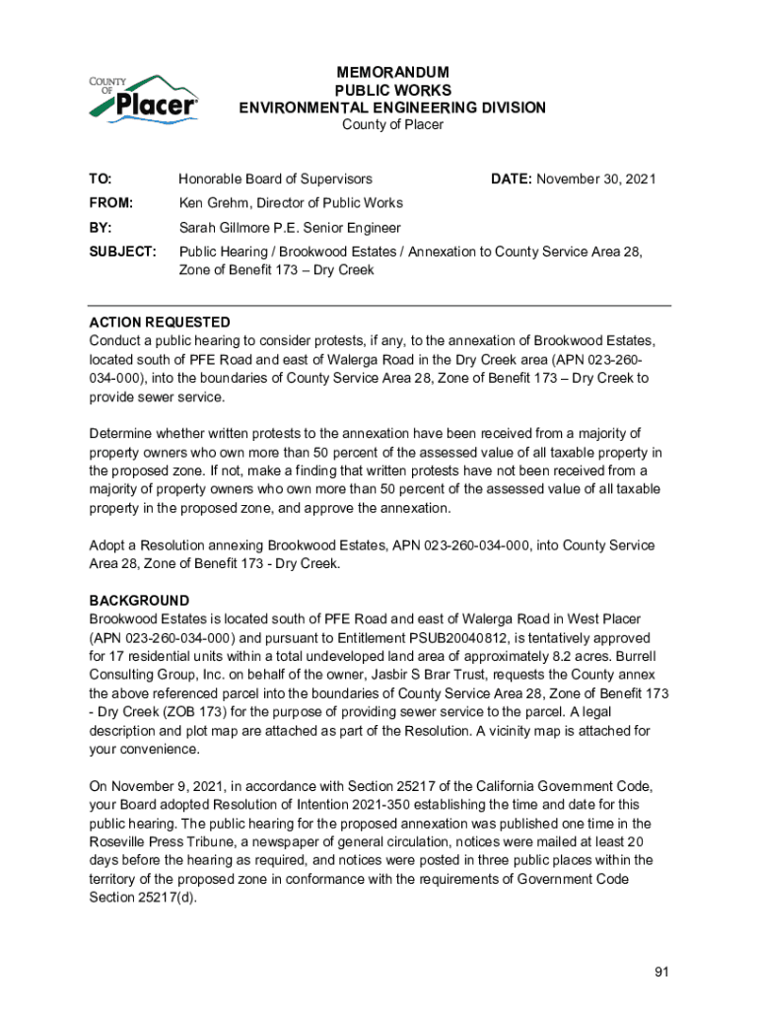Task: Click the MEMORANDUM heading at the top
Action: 392,73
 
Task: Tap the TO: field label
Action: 101,179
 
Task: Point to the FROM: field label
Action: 111,203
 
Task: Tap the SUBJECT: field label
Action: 123,252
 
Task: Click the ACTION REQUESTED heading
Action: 160,323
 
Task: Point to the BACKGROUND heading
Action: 139,601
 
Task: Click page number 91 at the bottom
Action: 661,973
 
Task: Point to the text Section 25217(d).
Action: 142,898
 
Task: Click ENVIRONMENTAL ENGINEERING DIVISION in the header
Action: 392,108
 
